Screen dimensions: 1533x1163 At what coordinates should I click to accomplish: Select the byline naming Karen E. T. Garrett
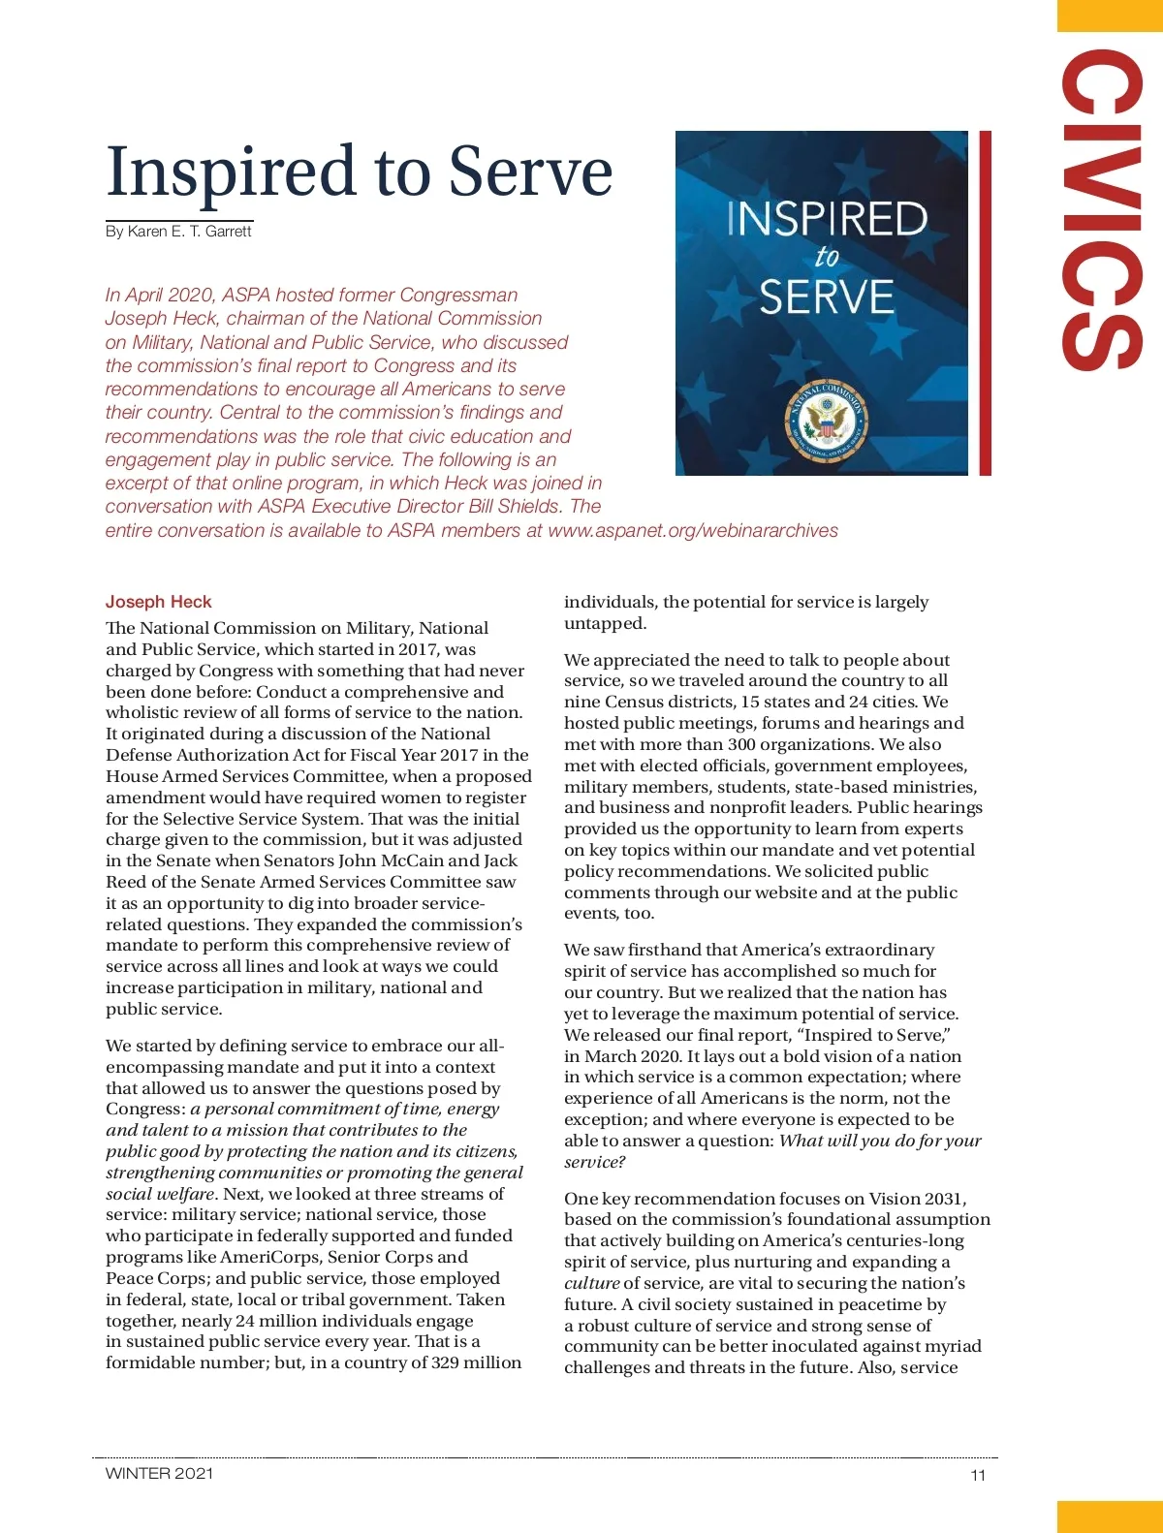pyautogui.click(x=178, y=231)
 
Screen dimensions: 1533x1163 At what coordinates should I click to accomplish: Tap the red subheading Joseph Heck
pyautogui.click(x=158, y=602)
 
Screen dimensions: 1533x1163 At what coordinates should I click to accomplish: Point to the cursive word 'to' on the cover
pyautogui.click(x=827, y=258)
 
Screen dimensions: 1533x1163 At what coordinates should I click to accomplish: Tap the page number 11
pyautogui.click(x=977, y=1475)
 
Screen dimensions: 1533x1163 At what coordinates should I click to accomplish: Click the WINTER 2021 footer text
pyautogui.click(x=159, y=1473)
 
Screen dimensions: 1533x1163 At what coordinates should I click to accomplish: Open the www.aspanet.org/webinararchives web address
pyautogui.click(x=692, y=530)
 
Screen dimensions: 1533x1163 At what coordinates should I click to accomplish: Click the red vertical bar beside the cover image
pyautogui.click(x=985, y=302)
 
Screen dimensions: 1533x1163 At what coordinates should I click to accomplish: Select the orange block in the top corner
pyautogui.click(x=1110, y=16)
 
